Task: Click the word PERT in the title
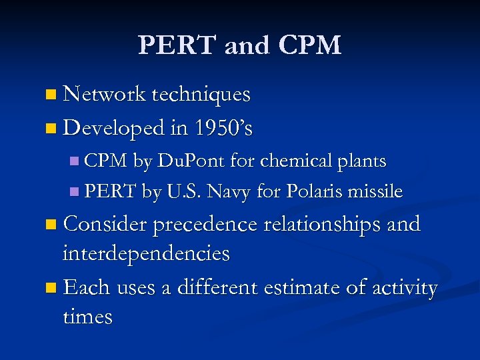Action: pyautogui.click(x=177, y=45)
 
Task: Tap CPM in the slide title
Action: pyautogui.click(x=311, y=45)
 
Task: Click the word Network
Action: pyautogui.click(x=104, y=95)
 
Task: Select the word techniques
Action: pyautogui.click(x=201, y=95)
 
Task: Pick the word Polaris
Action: pyautogui.click(x=319, y=192)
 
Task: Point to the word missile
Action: pyautogui.click(x=379, y=192)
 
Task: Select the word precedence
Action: pyautogui.click(x=205, y=225)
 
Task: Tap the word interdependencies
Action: pyautogui.click(x=146, y=253)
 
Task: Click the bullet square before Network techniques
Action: pyautogui.click(x=52, y=96)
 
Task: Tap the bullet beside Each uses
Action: pyautogui.click(x=52, y=289)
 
